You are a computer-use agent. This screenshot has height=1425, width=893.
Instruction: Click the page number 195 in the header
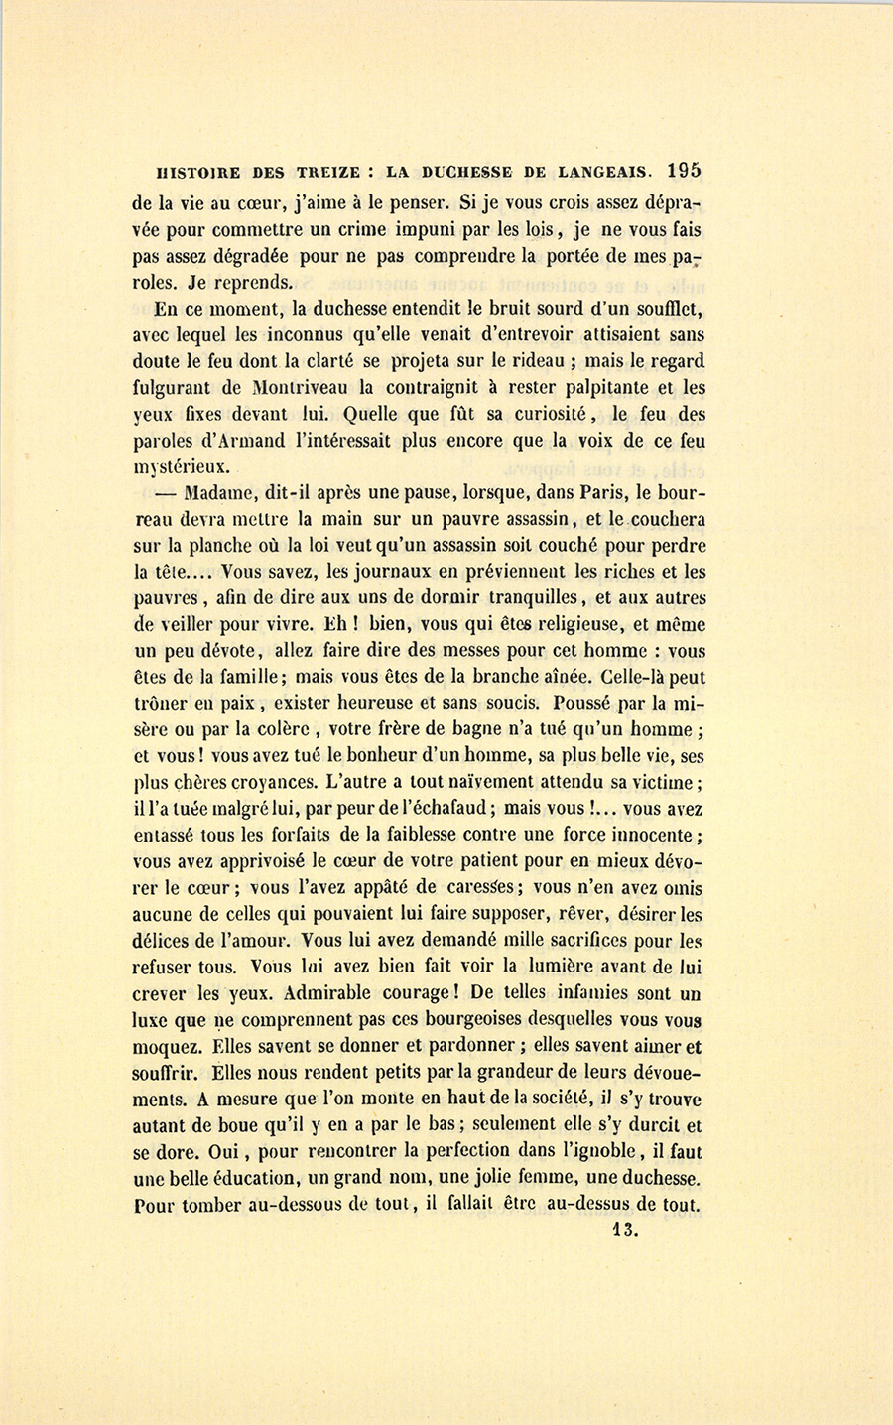click(685, 171)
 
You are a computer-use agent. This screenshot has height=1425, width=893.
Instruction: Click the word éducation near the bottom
click(250, 1180)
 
